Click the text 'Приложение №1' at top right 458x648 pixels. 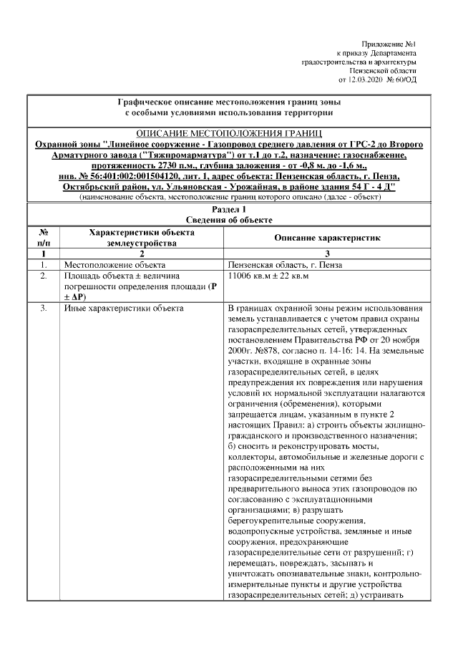(389, 44)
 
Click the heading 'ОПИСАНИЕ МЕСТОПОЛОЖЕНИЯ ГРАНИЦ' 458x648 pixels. (229, 134)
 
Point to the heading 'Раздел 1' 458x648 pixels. (229, 209)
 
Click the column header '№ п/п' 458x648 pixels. (43, 237)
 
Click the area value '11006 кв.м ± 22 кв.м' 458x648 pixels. (268, 275)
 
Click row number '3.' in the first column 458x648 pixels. (43, 308)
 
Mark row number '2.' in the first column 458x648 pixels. (43, 275)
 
